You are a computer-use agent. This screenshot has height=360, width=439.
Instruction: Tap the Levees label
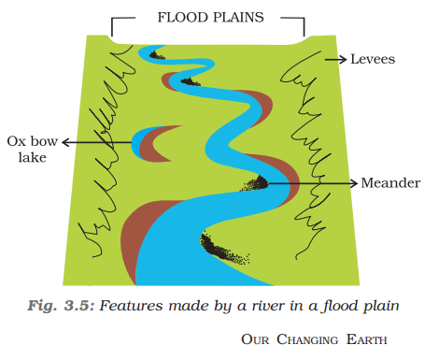[373, 59]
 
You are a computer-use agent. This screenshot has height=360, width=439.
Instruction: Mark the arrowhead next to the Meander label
[354, 181]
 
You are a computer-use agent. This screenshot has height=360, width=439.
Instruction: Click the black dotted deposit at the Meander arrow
[254, 182]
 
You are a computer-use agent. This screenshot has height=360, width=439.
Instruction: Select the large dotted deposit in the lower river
[222, 248]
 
